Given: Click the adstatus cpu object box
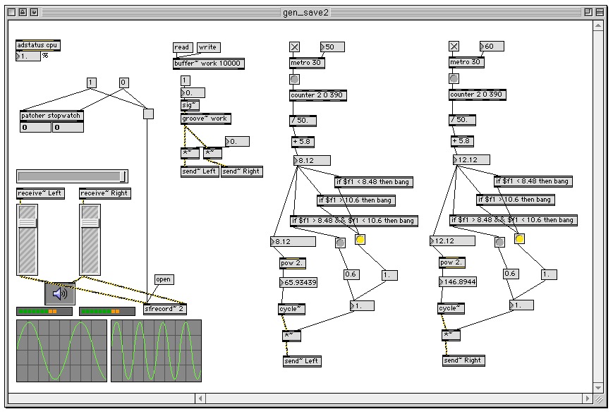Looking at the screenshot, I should click(38, 45).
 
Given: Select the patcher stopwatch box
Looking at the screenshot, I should click(52, 116).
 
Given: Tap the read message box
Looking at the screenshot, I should click(182, 47).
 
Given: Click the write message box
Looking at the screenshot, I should click(208, 47).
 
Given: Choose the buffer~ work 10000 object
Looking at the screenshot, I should click(209, 63).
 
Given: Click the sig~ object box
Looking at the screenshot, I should click(190, 105).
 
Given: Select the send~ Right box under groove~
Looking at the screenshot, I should click(241, 171).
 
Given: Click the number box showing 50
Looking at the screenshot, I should click(332, 47).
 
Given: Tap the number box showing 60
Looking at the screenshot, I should click(492, 47).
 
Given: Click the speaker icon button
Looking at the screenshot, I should click(60, 293).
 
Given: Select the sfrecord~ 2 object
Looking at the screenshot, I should click(164, 309).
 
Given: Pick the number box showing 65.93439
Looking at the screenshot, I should click(298, 283).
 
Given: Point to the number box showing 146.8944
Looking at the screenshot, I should click(458, 281).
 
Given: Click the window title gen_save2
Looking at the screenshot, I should click(306, 12).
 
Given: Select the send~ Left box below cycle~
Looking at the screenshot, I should click(302, 361).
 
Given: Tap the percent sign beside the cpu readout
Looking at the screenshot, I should click(45, 56).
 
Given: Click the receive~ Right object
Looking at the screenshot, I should click(105, 193).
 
